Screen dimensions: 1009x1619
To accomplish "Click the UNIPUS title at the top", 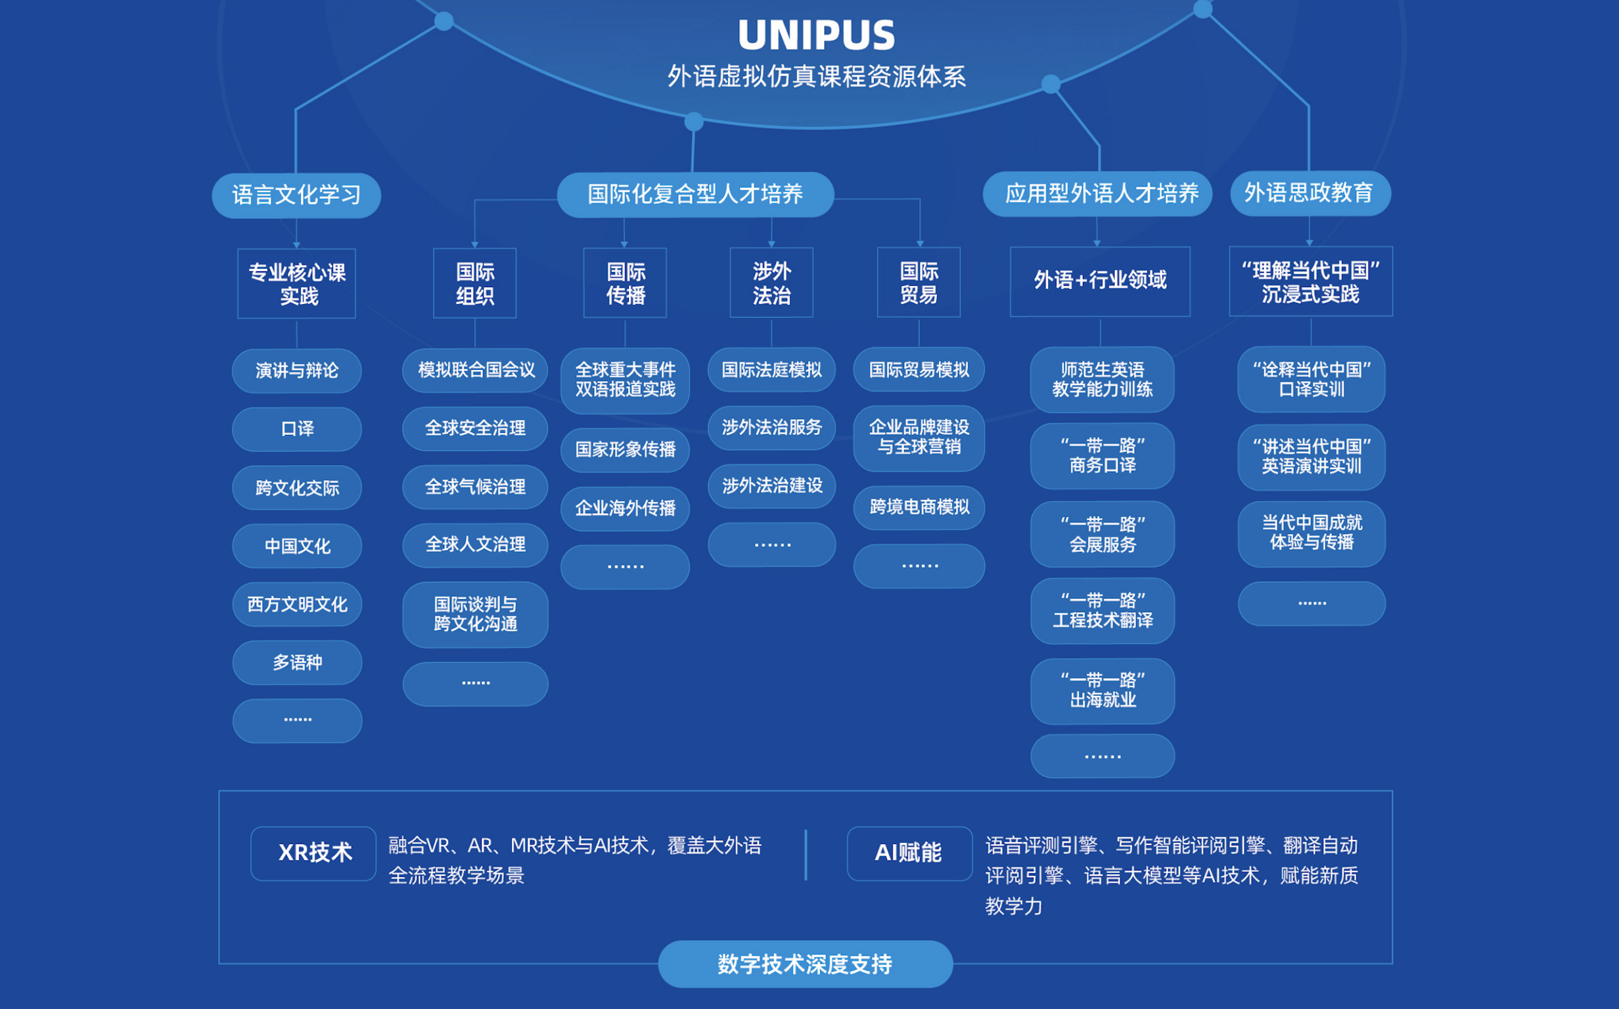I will pyautogui.click(x=815, y=35).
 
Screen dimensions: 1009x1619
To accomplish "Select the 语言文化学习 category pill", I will pyautogui.click(x=296, y=195).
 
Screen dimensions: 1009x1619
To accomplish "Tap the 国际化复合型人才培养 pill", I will pyautogui.click(x=695, y=194).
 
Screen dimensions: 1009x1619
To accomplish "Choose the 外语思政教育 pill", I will pyautogui.click(x=1310, y=193).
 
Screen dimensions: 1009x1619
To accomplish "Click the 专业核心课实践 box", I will pyautogui.click(x=297, y=284).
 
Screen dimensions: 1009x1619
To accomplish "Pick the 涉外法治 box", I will pyautogui.click(x=771, y=283).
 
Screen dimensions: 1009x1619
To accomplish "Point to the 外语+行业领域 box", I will pyautogui.click(x=1100, y=280).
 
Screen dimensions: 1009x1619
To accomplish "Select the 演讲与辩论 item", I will pyautogui.click(x=297, y=370).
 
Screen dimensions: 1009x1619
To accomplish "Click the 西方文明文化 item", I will pyautogui.click(x=297, y=604).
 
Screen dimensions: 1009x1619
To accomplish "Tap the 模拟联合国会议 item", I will pyautogui.click(x=475, y=370).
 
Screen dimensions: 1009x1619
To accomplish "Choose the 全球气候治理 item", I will pyautogui.click(x=475, y=487).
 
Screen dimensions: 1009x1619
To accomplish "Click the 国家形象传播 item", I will pyautogui.click(x=626, y=450).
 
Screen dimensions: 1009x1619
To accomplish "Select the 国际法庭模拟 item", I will pyautogui.click(x=771, y=370).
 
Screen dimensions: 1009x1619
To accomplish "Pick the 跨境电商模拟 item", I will pyautogui.click(x=919, y=507).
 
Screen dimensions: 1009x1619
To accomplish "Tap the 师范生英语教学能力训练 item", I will pyautogui.click(x=1102, y=379).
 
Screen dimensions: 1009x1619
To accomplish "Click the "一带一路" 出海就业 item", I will pyautogui.click(x=1102, y=690).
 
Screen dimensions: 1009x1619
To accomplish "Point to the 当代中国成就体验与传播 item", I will pyautogui.click(x=1311, y=533).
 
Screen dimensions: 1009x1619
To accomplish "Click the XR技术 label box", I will pyautogui.click(x=313, y=853).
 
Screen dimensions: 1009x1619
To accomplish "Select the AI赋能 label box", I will pyautogui.click(x=909, y=853).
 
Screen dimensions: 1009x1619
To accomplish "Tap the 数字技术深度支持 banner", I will pyautogui.click(x=805, y=964).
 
